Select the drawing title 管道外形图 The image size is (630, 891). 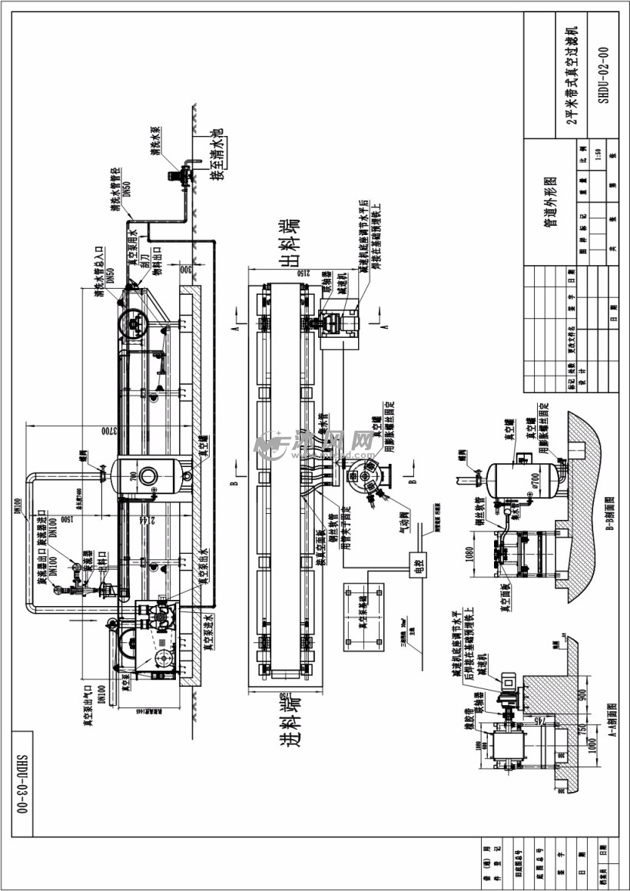550,202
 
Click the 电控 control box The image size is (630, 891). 419,565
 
